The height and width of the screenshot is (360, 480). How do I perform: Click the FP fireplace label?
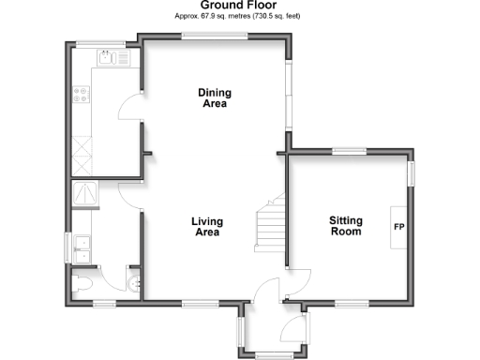(x=398, y=227)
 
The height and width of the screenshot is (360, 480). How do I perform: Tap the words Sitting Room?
(x=345, y=226)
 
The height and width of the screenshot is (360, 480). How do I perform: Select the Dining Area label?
(x=215, y=97)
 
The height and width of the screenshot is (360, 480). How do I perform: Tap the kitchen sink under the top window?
(x=117, y=59)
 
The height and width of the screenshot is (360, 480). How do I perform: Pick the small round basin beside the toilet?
(x=134, y=278)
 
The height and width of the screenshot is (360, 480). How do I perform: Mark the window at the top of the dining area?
(x=215, y=37)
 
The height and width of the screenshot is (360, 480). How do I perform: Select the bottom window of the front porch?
(x=273, y=353)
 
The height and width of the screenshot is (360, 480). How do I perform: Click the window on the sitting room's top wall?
(x=349, y=151)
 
